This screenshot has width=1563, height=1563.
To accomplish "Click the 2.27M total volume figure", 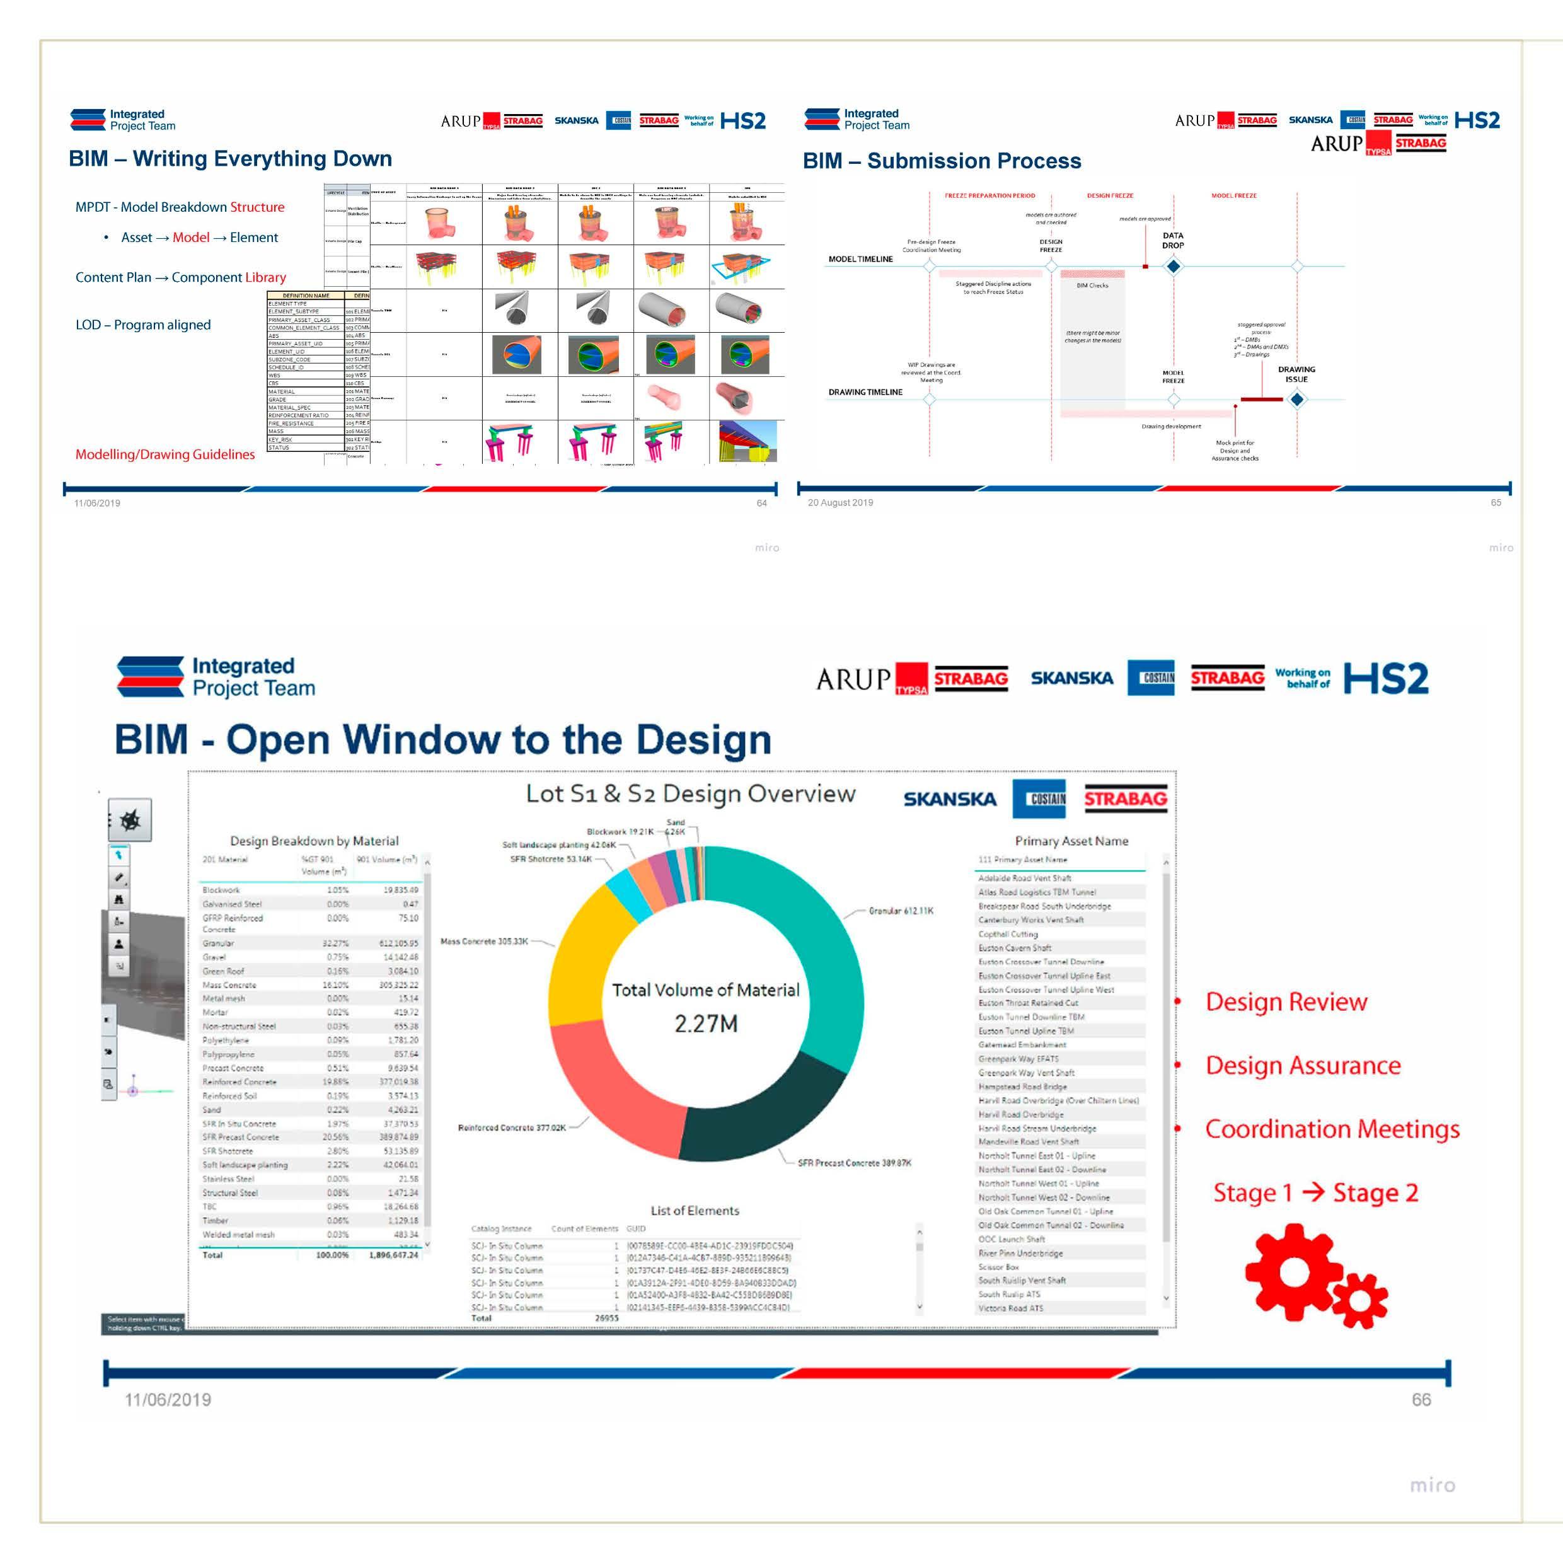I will coord(705,1024).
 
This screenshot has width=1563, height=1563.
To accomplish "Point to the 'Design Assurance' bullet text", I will coord(1303,1066).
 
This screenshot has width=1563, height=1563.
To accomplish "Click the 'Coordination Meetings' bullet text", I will coord(1332,1129).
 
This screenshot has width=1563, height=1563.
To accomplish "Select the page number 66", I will coord(1421,1400).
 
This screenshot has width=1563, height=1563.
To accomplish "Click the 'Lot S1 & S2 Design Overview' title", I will coord(690,793).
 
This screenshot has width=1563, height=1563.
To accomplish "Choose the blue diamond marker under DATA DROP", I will coord(1173,265).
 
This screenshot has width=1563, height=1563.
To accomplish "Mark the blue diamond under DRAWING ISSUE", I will coord(1297,399).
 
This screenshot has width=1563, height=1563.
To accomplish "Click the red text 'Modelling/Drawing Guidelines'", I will coord(165,454).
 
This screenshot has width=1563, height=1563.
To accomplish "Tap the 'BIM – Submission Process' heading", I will coord(942,161).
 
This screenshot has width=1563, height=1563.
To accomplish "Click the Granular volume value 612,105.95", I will coord(399,943).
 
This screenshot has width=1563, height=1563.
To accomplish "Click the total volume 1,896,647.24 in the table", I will coord(394,1255).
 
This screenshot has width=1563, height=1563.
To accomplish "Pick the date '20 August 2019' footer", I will coord(841,502).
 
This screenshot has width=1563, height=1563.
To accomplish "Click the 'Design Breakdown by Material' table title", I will coord(314,841).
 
